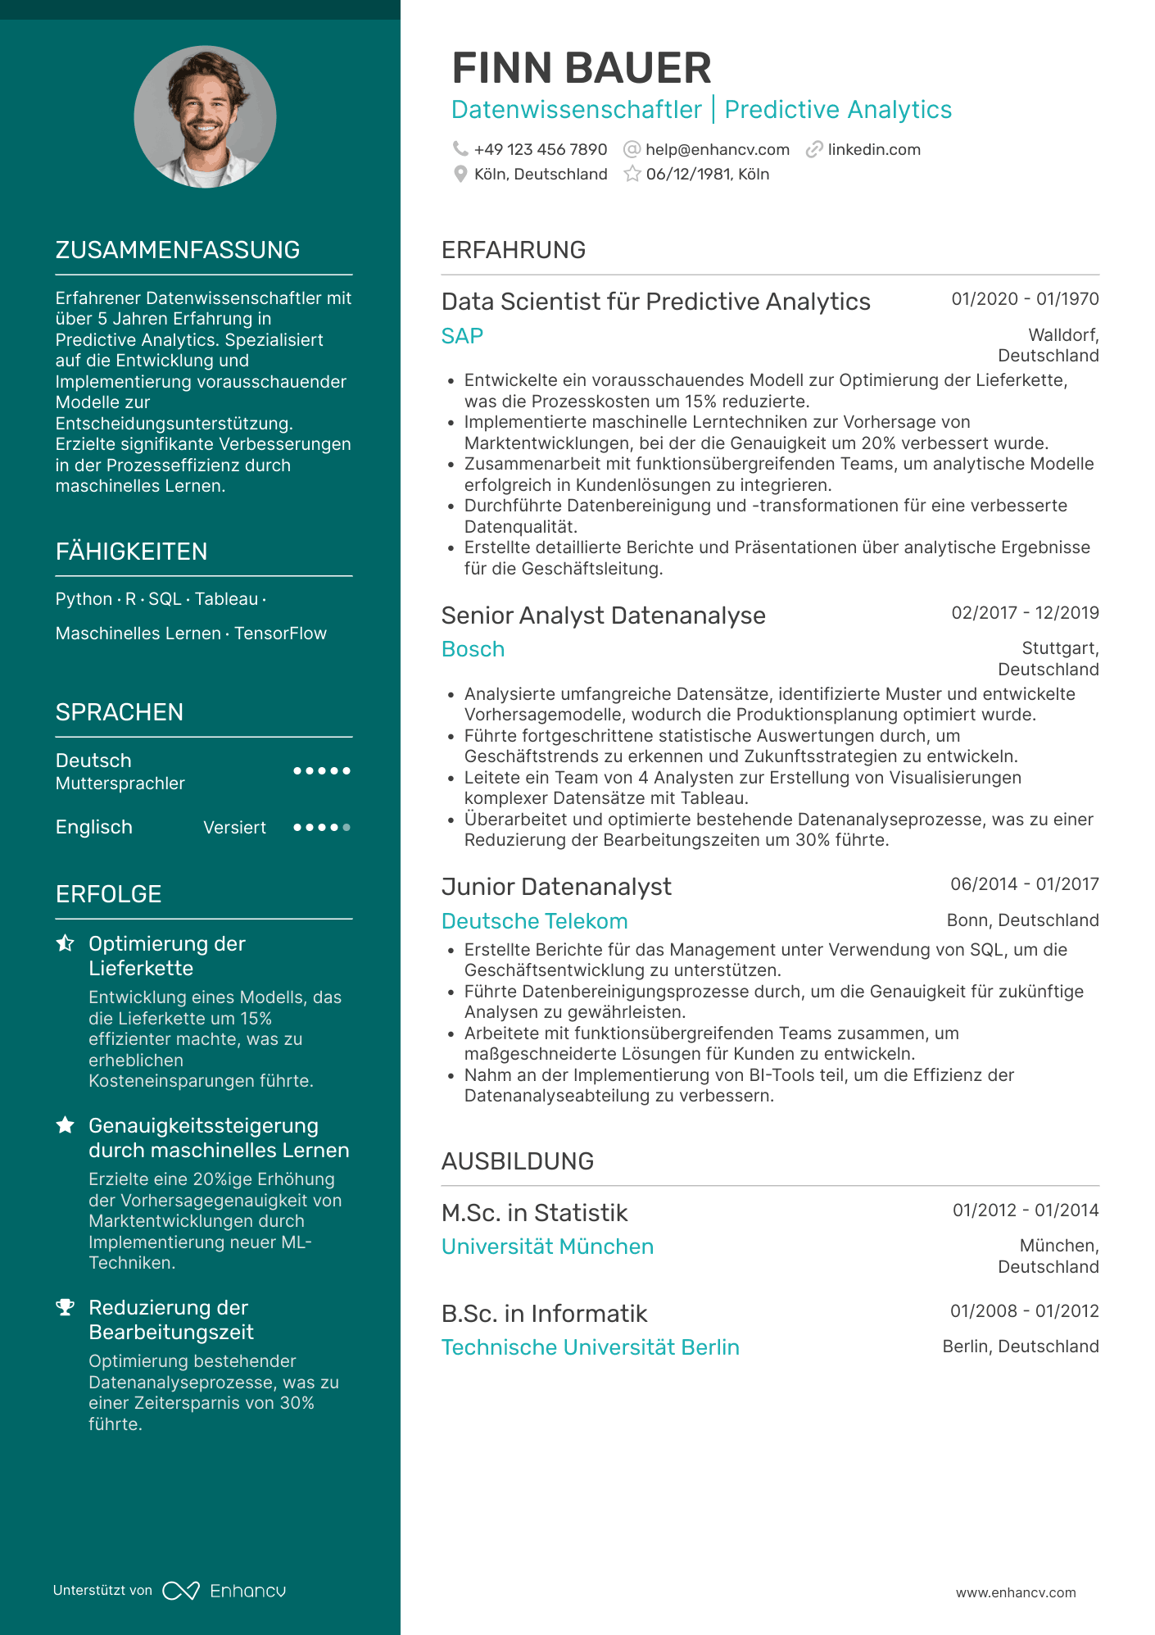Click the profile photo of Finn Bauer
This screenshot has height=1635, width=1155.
[x=205, y=117]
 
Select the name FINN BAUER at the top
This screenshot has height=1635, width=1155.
[x=581, y=68]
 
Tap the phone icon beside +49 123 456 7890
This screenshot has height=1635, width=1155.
[x=460, y=149]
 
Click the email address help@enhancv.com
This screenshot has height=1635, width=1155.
[x=717, y=150]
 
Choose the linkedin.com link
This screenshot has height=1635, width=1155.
[x=873, y=150]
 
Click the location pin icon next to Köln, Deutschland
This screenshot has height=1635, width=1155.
[x=460, y=175]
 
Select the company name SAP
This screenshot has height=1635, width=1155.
[x=462, y=336]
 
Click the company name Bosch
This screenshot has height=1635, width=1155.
[x=473, y=649]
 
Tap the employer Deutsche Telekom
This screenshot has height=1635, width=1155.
[x=534, y=921]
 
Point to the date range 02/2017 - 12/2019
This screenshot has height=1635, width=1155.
[x=1025, y=613]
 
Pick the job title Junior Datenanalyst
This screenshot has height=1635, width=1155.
[x=556, y=887]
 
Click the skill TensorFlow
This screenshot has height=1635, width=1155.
[x=280, y=634]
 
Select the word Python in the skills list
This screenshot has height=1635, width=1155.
[x=84, y=599]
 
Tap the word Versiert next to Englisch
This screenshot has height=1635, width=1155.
[x=234, y=828]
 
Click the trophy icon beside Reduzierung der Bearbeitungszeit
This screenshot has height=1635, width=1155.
[x=66, y=1308]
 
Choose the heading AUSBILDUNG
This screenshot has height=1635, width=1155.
[x=517, y=1161]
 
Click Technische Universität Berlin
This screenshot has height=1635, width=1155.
[x=590, y=1347]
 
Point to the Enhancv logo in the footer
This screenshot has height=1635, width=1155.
[x=224, y=1591]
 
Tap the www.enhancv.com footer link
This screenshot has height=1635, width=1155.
[x=1016, y=1592]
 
